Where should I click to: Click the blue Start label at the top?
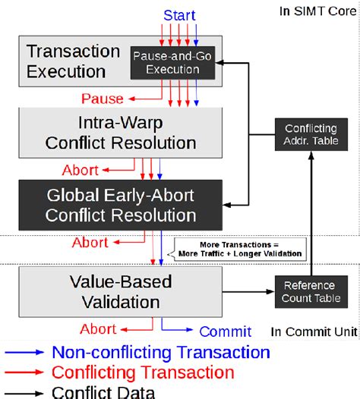[179, 15]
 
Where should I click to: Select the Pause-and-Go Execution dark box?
[166, 62]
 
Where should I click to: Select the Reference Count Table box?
[308, 291]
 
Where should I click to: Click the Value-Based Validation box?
[121, 291]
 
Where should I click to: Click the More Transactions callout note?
[240, 249]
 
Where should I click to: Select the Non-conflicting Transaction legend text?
[160, 353]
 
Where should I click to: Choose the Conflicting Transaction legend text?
[143, 372]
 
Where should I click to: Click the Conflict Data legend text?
[103, 391]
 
